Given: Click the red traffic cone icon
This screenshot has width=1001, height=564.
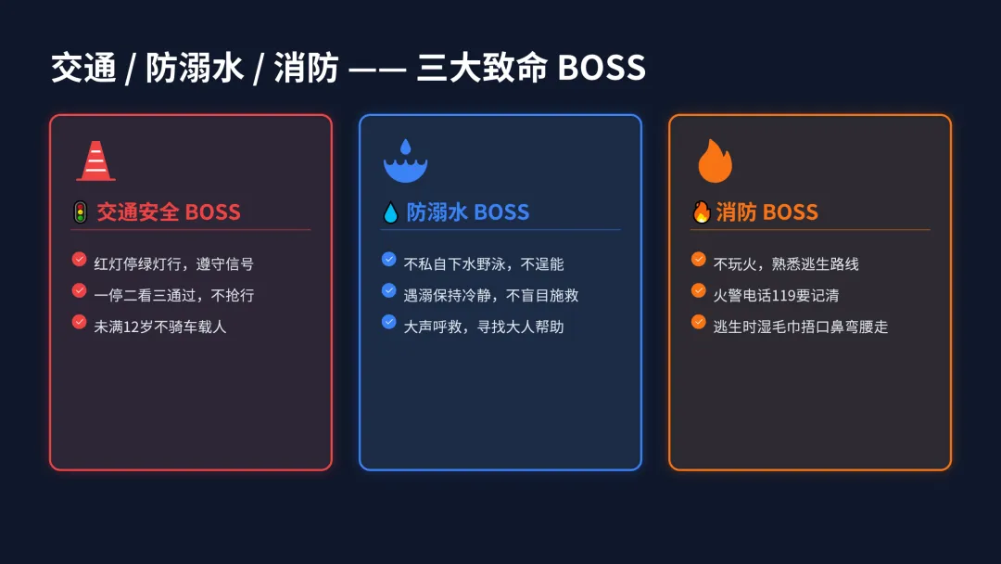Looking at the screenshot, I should tap(95, 161).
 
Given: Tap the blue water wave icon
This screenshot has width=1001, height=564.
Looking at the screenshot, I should tap(405, 162).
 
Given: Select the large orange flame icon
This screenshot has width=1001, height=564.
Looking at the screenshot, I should tap(715, 161).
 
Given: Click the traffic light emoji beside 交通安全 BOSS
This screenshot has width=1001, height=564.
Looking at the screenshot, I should tap(81, 212).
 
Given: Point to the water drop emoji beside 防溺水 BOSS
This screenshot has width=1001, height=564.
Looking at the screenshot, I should tap(390, 213).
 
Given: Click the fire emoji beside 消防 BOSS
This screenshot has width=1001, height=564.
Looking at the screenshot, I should tap(701, 212).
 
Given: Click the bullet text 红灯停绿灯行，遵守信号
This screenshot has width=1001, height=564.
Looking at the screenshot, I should tap(174, 264).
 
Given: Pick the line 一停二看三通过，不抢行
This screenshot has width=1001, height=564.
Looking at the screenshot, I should tap(174, 296).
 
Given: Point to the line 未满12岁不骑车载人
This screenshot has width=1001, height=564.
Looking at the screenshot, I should tap(160, 327).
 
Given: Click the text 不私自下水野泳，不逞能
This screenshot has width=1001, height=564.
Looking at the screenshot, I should tap(484, 264).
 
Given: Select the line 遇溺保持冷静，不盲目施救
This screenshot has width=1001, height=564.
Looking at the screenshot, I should tap(491, 296).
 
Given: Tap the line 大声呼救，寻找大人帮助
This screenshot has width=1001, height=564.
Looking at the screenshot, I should tap(484, 327).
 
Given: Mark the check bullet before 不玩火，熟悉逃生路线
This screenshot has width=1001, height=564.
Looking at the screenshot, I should tap(699, 260).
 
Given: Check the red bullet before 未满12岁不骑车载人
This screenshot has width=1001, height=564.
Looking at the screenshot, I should tap(80, 323).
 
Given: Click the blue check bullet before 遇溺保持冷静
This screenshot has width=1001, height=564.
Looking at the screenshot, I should tap(389, 291).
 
